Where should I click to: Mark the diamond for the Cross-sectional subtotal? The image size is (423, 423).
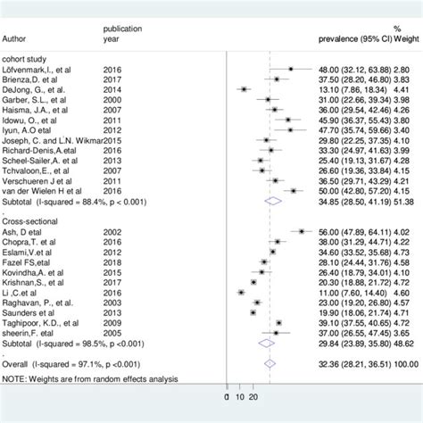265,344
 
